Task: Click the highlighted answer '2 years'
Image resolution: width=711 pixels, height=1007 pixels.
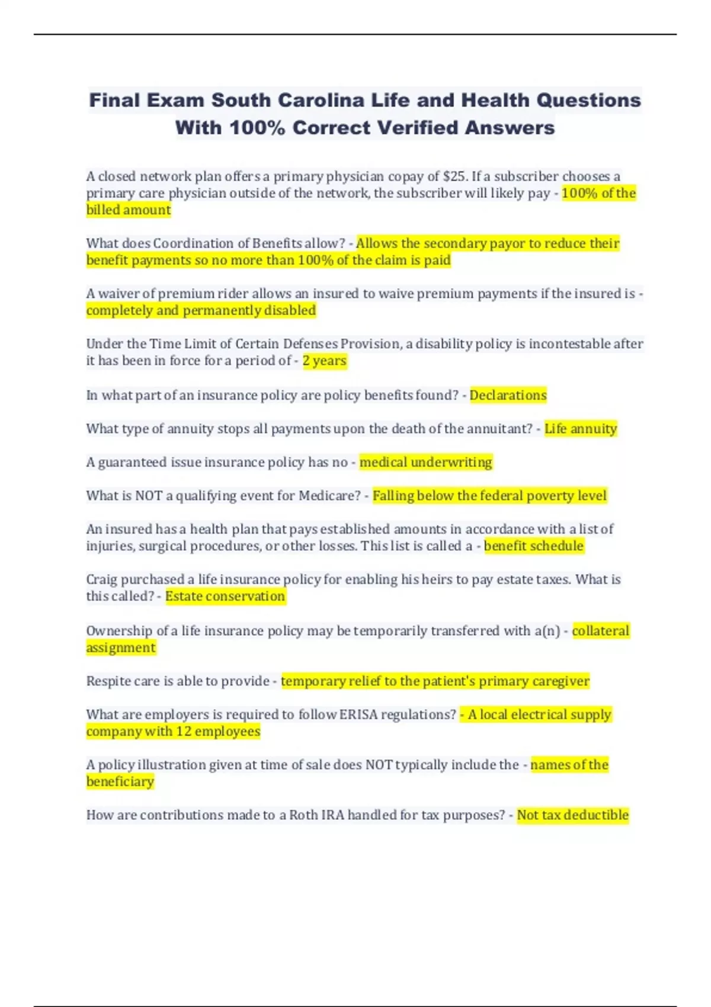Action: pos(324,361)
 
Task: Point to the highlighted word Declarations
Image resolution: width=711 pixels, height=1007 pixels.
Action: pos(508,395)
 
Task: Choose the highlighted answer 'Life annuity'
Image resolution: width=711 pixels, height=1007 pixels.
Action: pos(581,429)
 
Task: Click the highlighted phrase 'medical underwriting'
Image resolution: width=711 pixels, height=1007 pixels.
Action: pos(425,462)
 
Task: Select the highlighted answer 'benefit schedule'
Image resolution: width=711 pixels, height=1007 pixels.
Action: pos(533,546)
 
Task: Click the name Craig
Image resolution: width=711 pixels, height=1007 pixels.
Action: pos(101,580)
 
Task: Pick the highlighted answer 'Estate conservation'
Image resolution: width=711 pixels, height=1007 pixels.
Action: pos(225,596)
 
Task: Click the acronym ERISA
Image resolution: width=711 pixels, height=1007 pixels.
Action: pos(358,715)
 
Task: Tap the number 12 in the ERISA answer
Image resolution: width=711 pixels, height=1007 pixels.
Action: pos(184,732)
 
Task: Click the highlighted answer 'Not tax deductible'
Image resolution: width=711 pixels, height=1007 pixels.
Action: pos(572,815)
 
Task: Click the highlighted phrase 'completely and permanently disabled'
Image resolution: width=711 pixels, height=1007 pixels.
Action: pos(201,310)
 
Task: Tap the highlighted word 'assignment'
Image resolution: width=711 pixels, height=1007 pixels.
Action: pos(121,647)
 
